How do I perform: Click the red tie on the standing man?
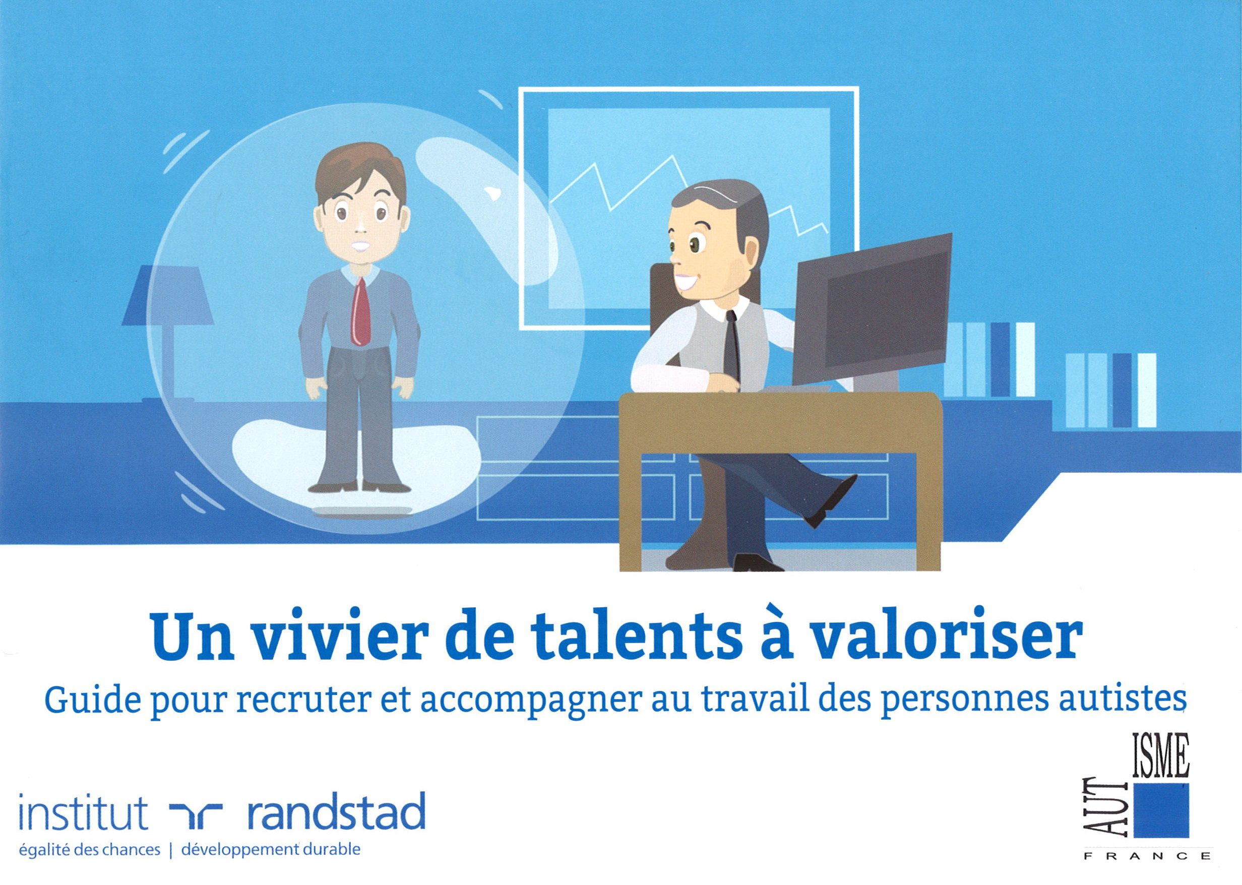pos(360,313)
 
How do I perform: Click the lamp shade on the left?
pos(168,297)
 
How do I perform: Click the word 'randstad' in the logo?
pos(336,812)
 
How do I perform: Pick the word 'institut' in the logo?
pos(83,812)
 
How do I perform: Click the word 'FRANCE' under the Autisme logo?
pos(1147,856)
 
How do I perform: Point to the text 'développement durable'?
pos(271,850)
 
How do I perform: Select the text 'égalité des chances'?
pos(90,850)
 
